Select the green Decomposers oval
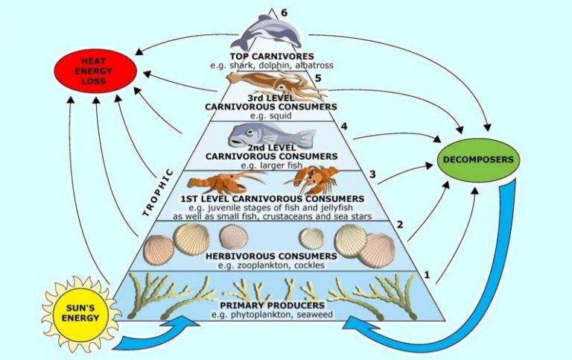coord(478,160)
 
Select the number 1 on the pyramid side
coord(428,274)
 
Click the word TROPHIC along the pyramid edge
coord(158,192)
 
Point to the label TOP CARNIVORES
coord(272,56)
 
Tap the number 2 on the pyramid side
coord(399,224)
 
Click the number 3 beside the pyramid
coord(372,175)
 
